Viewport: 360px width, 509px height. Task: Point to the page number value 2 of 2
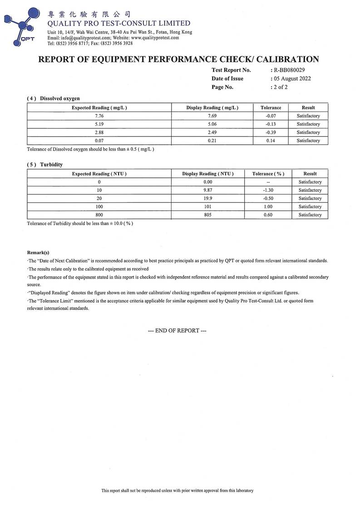click(281, 87)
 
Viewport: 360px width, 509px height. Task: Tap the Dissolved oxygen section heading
click(59, 98)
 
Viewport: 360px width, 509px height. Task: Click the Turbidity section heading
click(51, 164)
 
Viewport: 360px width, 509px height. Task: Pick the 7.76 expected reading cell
click(99, 116)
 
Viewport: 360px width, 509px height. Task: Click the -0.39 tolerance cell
click(271, 132)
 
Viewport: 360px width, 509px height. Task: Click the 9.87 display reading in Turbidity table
click(208, 191)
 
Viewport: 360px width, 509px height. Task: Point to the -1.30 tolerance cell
click(268, 191)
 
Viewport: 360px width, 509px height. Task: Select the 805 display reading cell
click(208, 215)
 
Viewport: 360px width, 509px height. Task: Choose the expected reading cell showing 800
click(99, 215)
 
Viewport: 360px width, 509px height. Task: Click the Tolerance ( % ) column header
click(268, 174)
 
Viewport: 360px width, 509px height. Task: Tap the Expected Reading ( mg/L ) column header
click(99, 108)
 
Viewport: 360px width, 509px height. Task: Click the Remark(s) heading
click(38, 252)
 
